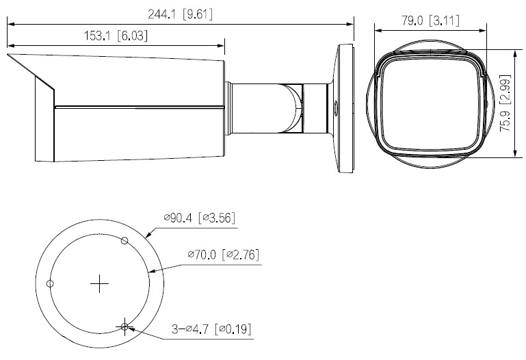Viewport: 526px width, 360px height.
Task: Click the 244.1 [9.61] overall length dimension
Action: [180, 13]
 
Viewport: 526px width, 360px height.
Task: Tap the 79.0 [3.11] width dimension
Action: [429, 21]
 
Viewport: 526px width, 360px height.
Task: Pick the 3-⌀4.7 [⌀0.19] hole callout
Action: [211, 330]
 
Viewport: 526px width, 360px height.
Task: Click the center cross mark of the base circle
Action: [101, 283]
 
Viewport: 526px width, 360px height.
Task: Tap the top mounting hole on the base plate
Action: [124, 240]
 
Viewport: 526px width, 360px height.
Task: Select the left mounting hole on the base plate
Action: [50, 283]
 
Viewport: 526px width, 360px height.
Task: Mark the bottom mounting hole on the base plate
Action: [124, 326]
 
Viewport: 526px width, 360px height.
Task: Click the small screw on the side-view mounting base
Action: [335, 106]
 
